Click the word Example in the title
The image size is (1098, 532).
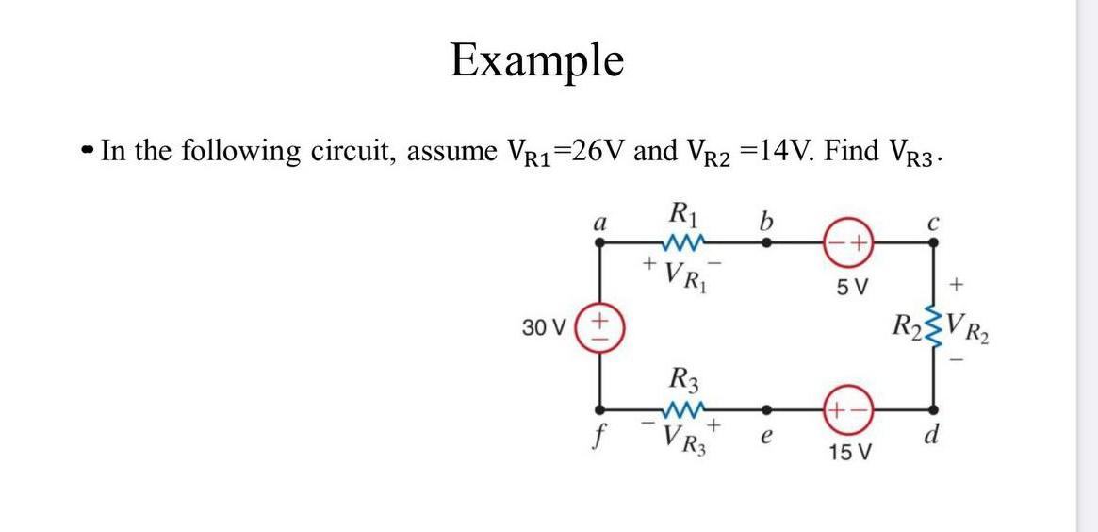(x=536, y=60)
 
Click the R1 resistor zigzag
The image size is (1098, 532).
(x=683, y=242)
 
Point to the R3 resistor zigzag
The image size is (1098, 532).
(x=683, y=410)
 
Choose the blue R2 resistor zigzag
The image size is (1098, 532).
(x=934, y=326)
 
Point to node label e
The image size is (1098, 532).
(x=766, y=437)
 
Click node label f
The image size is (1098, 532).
(x=597, y=439)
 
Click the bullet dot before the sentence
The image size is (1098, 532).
(x=89, y=151)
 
